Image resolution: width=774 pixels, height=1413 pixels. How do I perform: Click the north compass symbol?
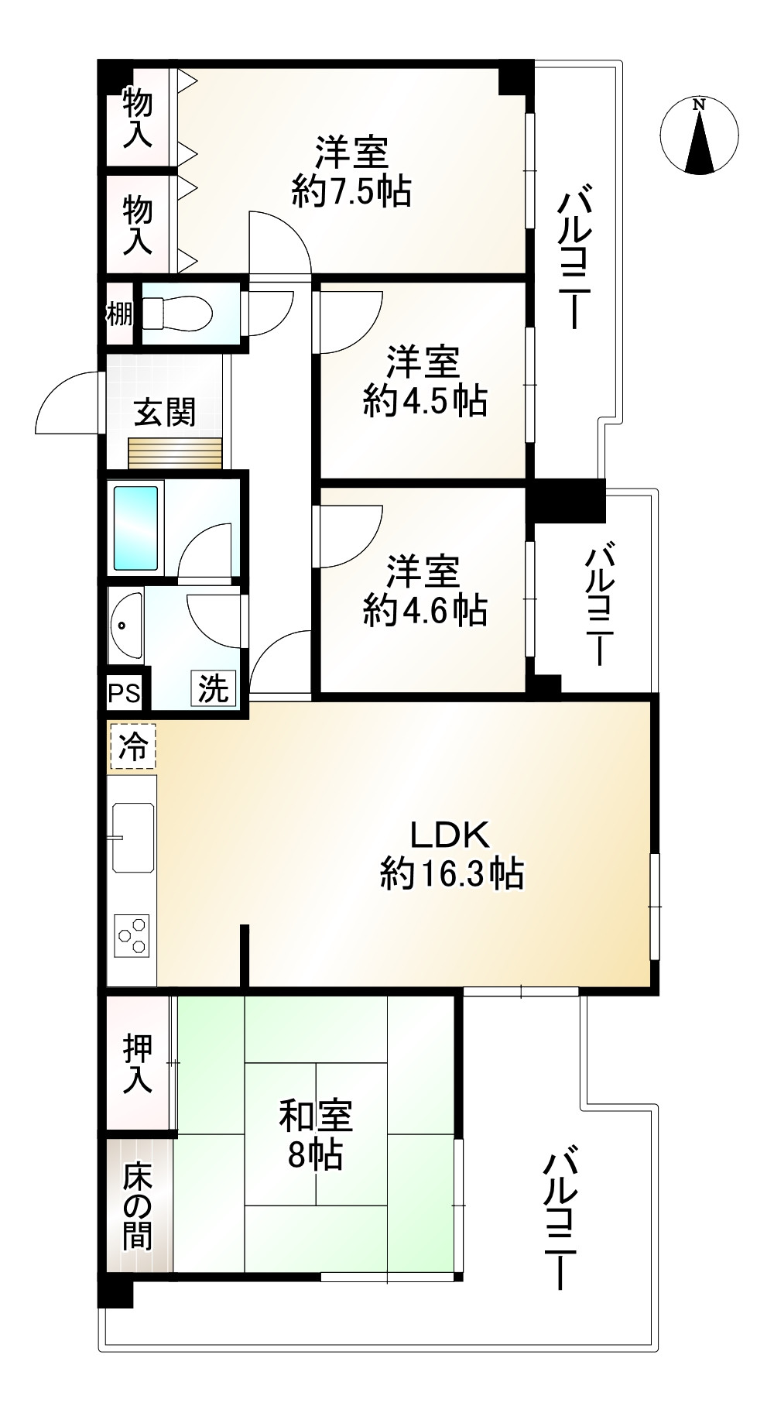point(700,135)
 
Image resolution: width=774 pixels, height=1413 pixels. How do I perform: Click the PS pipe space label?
point(124,693)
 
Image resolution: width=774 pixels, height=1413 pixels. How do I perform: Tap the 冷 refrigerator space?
point(133,747)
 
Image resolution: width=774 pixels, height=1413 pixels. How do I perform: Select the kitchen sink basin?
point(133,837)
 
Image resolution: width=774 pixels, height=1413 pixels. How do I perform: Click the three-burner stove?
point(132,935)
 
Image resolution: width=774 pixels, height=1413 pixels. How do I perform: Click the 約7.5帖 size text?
point(351,190)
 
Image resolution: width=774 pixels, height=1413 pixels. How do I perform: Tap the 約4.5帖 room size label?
point(425,402)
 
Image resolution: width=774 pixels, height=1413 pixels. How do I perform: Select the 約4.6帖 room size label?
point(425,611)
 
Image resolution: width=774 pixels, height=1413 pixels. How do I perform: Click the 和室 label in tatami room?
point(316,1116)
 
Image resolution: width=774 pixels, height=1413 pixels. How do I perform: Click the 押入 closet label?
point(138,1065)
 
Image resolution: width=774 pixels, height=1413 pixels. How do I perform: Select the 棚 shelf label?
point(120,314)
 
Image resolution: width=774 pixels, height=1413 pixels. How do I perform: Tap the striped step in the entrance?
point(175,453)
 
